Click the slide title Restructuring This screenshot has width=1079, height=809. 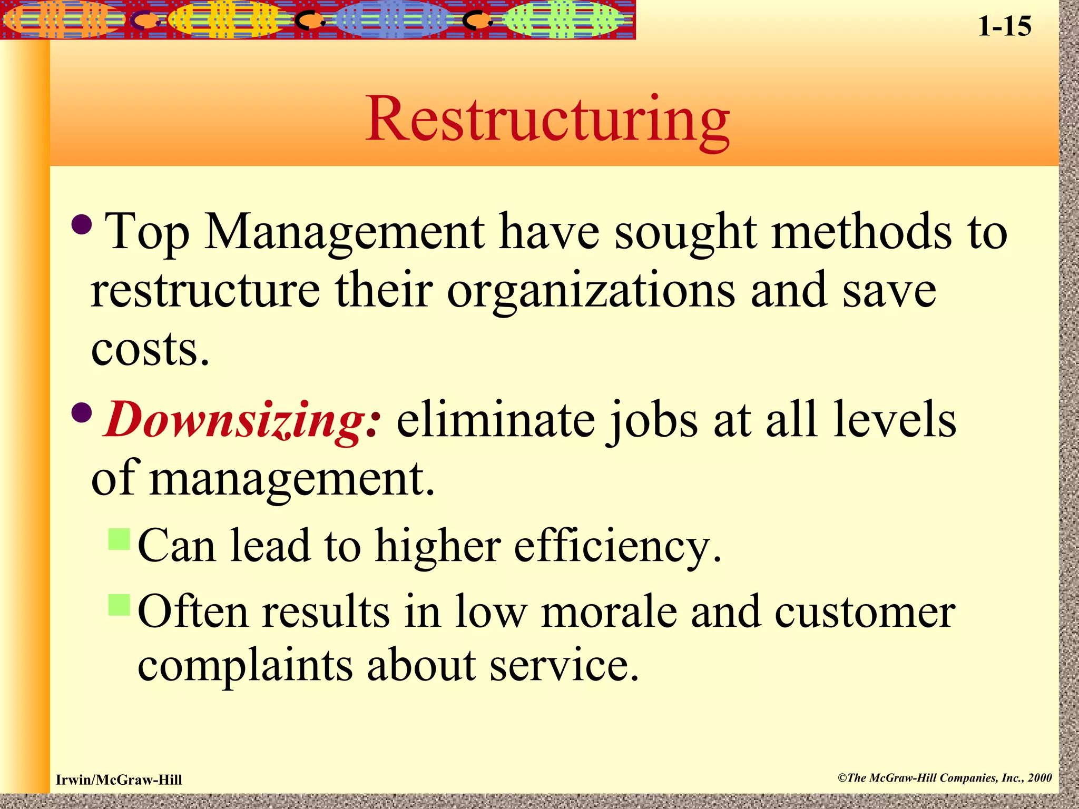(x=548, y=120)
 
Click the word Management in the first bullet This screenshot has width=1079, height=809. (x=345, y=232)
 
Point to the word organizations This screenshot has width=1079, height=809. (x=591, y=291)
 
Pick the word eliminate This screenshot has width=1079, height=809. (x=495, y=420)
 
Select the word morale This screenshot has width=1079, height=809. (x=609, y=612)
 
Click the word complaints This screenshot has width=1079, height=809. (x=245, y=666)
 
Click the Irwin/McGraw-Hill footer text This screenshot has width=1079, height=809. (x=119, y=780)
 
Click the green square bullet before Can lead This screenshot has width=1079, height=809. (x=119, y=539)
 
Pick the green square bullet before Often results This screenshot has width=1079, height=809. (x=119, y=605)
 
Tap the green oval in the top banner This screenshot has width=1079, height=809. (x=562, y=20)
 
